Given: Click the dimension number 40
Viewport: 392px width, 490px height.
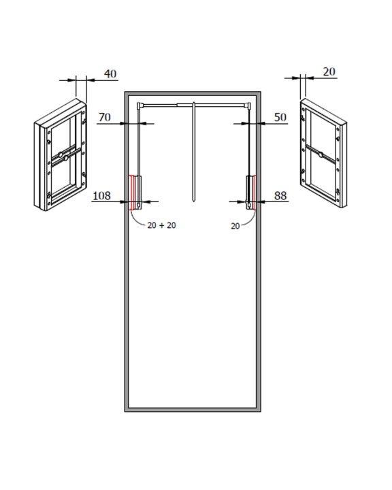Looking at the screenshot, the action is [110, 73].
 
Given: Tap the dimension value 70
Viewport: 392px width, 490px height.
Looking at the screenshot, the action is [105, 117].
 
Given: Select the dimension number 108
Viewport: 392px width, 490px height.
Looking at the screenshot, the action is [102, 195].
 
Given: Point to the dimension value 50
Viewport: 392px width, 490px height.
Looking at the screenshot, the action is [280, 117].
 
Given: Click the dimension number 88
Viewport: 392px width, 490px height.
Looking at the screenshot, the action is [280, 195].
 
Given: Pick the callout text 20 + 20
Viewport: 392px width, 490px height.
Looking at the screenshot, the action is [161, 225].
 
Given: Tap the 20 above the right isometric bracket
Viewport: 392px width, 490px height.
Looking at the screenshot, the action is [329, 71].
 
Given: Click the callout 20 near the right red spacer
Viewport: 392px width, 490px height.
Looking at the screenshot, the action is [235, 226].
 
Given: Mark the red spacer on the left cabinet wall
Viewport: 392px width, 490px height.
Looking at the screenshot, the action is [131, 193].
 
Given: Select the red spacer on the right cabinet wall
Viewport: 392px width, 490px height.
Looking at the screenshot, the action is [255, 193].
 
